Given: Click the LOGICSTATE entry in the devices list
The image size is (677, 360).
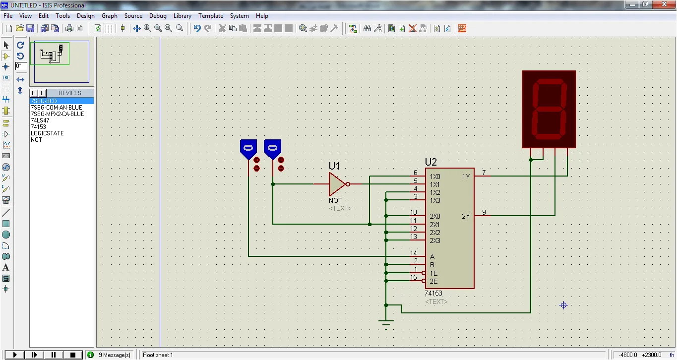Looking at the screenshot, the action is (x=47, y=133).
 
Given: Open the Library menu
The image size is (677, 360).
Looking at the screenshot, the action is (x=182, y=16).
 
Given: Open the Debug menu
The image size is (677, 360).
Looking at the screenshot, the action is (x=158, y=16).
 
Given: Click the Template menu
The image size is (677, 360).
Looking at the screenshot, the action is (x=211, y=16).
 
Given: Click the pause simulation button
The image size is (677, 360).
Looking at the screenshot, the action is (x=53, y=355).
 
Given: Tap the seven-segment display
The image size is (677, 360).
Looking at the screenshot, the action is (x=549, y=110).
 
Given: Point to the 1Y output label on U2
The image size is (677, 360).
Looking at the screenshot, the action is (x=466, y=177).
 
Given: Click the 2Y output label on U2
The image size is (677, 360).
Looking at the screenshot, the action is (x=466, y=216).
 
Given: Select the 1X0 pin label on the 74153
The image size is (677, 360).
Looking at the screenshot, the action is (x=435, y=177).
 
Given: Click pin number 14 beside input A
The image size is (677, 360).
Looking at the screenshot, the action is (x=414, y=253).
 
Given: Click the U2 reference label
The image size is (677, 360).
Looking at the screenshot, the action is (x=431, y=162).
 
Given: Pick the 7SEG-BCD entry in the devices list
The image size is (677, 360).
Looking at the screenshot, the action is (x=44, y=101).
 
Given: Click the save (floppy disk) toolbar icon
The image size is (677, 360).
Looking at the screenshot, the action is (x=30, y=28).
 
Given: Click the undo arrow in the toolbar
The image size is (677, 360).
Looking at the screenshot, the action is (x=197, y=28).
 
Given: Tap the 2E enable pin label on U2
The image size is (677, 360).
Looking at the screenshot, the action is (x=433, y=282).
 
